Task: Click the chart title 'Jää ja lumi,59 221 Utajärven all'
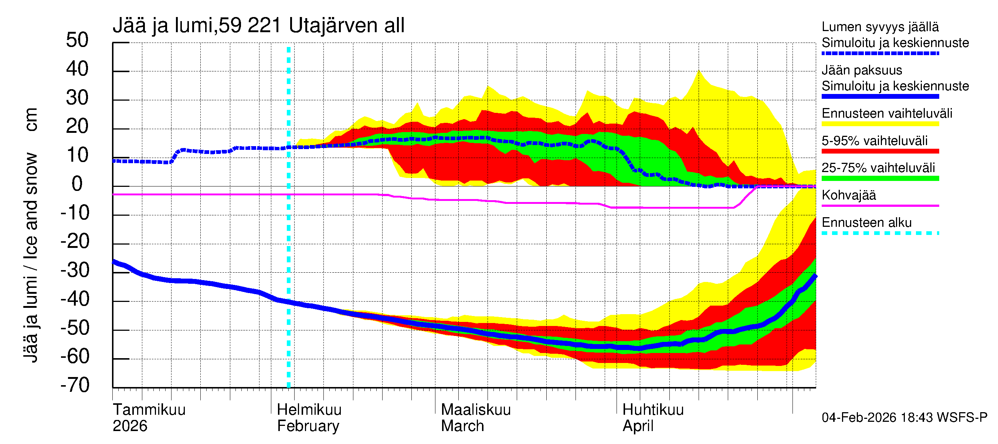[258, 26]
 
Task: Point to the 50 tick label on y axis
[77, 40]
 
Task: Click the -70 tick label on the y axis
[75, 386]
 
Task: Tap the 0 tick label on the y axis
[77, 184]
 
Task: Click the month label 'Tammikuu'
[149, 410]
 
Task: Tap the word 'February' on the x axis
[308, 426]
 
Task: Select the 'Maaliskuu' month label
[476, 410]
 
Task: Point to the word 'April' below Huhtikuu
[638, 426]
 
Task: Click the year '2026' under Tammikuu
[130, 426]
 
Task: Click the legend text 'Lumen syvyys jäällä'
[880, 27]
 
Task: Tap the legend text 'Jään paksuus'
[862, 71]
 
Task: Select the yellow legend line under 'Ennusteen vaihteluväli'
[880, 124]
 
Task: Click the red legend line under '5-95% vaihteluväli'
[880, 151]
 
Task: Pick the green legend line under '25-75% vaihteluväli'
[880, 178]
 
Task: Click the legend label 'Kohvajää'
[848, 195]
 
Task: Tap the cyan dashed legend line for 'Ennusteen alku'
[880, 233]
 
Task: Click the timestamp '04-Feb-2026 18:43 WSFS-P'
[904, 418]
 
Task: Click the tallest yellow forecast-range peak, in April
[699, 72]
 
